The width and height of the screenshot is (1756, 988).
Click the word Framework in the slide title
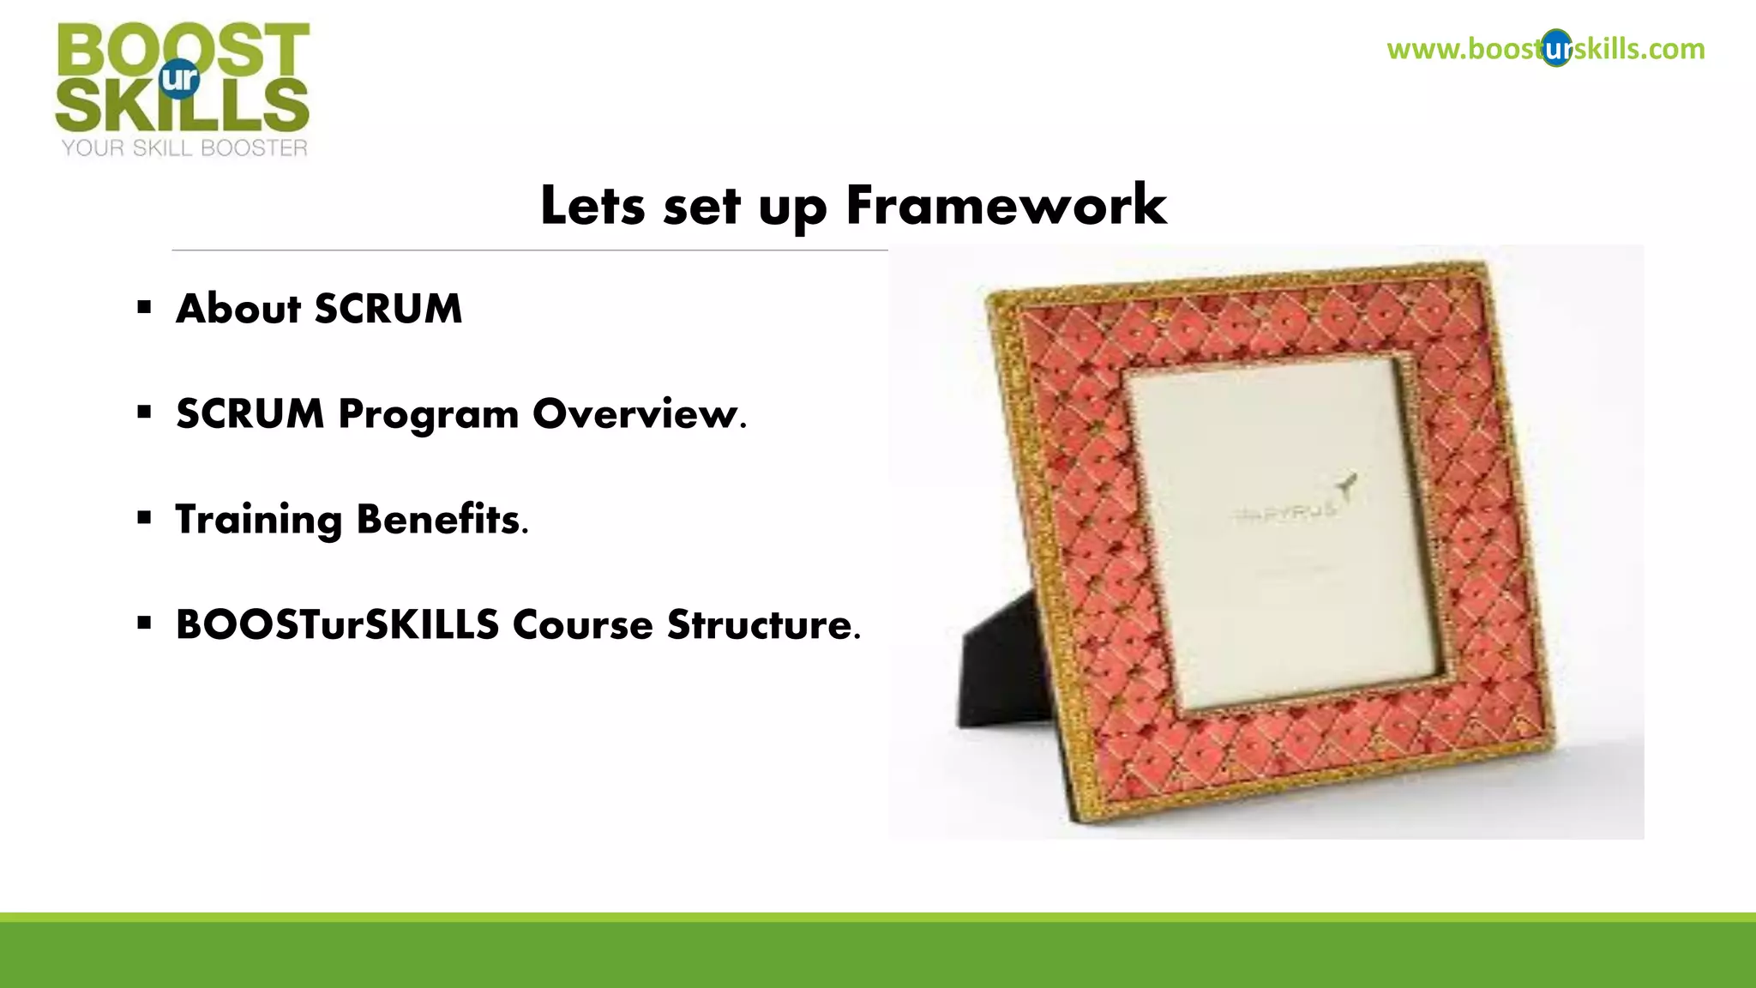[1006, 206]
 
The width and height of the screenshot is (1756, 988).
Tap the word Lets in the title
[592, 206]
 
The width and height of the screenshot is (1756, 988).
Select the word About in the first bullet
[238, 309]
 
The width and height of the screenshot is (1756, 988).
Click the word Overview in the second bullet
[639, 414]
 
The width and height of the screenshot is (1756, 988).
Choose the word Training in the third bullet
[258, 520]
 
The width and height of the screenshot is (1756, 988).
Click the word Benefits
[442, 519]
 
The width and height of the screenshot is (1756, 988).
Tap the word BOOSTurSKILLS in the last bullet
[337, 624]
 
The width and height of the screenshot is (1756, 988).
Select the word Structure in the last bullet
[763, 624]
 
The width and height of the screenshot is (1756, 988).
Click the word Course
[583, 624]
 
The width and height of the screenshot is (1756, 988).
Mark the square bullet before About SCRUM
[144, 307]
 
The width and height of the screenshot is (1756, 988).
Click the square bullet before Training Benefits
[144, 517]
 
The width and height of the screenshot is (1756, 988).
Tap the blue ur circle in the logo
[179, 79]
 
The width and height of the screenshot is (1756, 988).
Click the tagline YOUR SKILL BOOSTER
[183, 148]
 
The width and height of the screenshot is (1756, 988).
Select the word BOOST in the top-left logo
[183, 50]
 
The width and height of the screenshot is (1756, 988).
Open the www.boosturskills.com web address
[1545, 49]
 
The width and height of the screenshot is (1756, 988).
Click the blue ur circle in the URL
[1556, 49]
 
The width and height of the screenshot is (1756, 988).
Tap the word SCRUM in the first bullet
[388, 309]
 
